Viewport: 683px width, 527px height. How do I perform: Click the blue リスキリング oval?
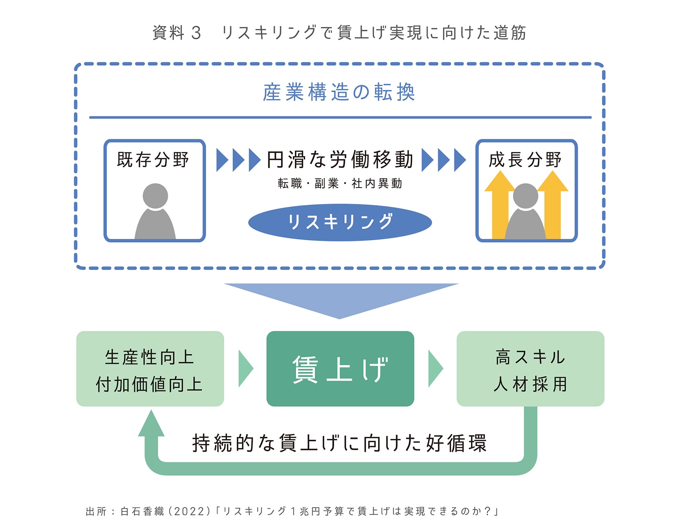(x=340, y=222)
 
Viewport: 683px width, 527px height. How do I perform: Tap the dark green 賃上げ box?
(x=340, y=368)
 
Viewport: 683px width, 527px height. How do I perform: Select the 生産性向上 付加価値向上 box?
(x=150, y=368)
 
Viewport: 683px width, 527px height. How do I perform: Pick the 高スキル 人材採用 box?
(x=530, y=368)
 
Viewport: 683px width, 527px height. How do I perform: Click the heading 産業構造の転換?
(x=339, y=92)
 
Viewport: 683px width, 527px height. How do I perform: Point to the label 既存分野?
(x=153, y=160)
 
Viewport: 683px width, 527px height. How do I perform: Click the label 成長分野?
(x=525, y=160)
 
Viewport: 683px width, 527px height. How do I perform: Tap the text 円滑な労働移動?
(x=340, y=160)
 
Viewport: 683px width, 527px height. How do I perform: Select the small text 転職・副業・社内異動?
(x=340, y=183)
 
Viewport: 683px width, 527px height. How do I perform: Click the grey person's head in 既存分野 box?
(x=155, y=196)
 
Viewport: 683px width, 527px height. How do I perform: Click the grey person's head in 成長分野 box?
(x=525, y=196)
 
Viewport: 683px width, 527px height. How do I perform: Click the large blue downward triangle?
(x=340, y=298)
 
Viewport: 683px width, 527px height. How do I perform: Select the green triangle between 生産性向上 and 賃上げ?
(x=245, y=368)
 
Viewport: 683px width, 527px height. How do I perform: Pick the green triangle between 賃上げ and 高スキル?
(x=435, y=368)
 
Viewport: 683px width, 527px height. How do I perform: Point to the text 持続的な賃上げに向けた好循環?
(x=339, y=443)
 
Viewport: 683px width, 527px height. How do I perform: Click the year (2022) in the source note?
(x=189, y=511)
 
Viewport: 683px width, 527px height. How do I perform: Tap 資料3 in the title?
(x=177, y=33)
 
